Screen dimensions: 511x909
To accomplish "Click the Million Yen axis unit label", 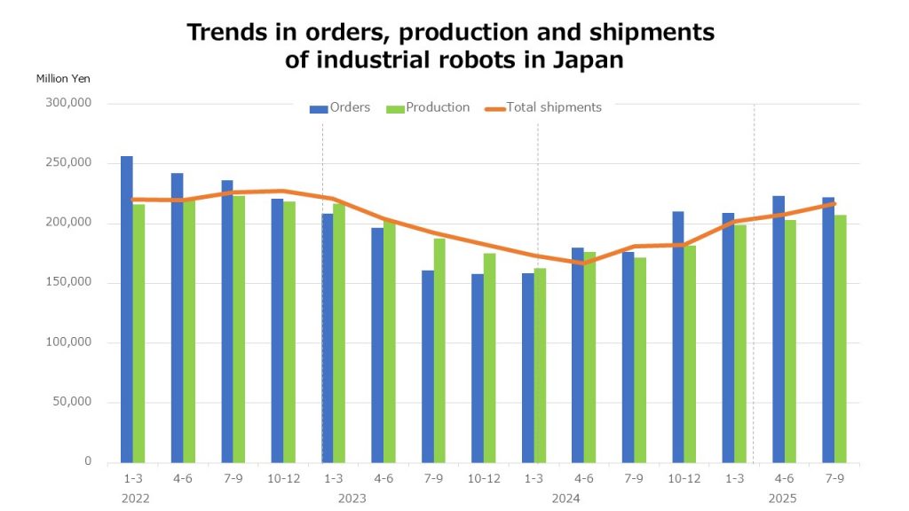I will (63, 78).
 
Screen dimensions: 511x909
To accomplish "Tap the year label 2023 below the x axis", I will (352, 498).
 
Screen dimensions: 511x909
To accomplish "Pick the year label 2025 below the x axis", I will (782, 498).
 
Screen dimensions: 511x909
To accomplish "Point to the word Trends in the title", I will (225, 33).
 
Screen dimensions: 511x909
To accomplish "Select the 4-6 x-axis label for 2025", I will (784, 478).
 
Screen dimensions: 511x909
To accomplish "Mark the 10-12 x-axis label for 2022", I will (283, 478).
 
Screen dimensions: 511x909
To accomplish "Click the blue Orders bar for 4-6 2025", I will (779, 329).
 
